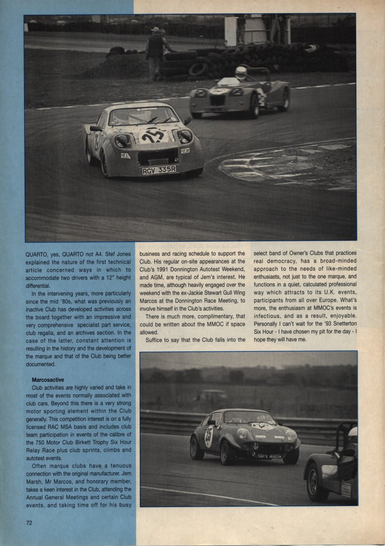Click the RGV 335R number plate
tap(159, 170)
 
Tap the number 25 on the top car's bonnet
tap(153, 135)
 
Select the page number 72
tap(30, 522)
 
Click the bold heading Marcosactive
tap(48, 379)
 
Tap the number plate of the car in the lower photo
tap(269, 456)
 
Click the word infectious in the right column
tap(269, 315)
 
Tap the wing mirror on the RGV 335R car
tap(95, 128)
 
